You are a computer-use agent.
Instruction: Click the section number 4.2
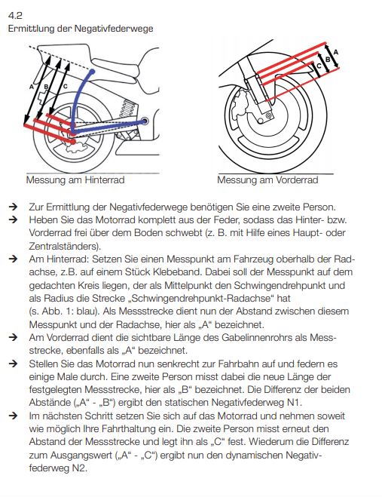point(15,15)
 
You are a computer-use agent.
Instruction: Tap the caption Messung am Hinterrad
point(75,180)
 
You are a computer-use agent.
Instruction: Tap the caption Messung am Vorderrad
point(267,180)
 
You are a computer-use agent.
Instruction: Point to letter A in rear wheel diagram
point(32,86)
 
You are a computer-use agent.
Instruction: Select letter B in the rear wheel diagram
point(46,86)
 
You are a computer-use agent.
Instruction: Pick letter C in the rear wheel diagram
point(65,86)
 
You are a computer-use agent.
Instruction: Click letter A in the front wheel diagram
point(336,52)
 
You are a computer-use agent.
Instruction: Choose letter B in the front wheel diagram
point(328,60)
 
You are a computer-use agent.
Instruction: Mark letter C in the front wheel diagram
point(319,66)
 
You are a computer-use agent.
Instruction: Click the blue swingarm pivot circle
point(145,121)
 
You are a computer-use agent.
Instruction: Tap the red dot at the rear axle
point(72,141)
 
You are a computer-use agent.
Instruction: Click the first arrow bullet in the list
point(13,207)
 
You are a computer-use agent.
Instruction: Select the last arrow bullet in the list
point(13,416)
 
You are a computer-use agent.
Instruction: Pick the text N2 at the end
point(79,468)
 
